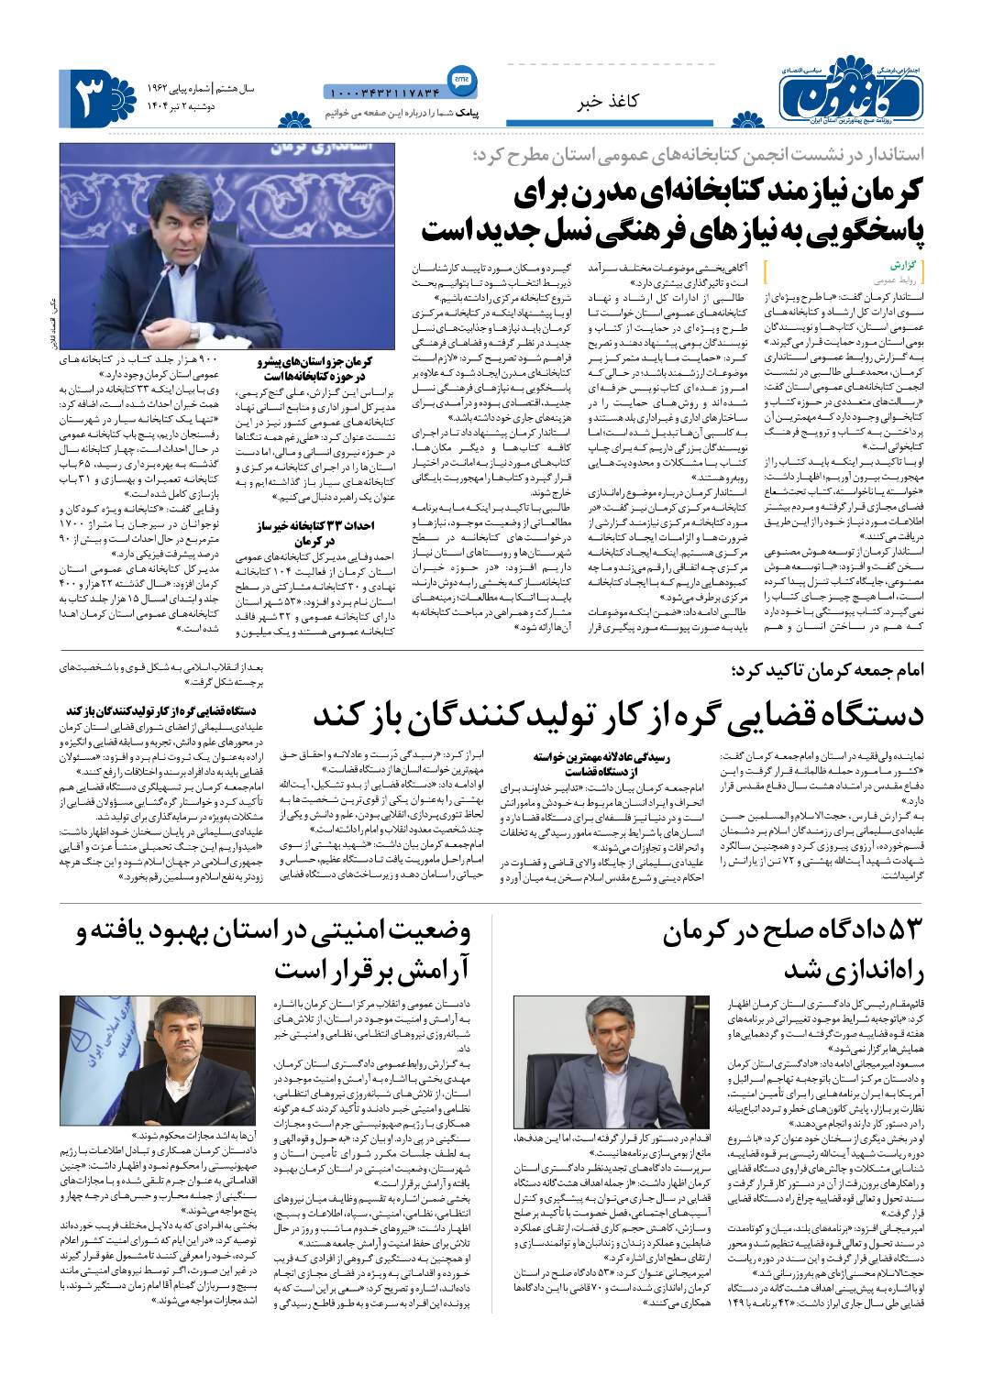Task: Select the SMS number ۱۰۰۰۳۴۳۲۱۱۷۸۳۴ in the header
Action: pos(382,92)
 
